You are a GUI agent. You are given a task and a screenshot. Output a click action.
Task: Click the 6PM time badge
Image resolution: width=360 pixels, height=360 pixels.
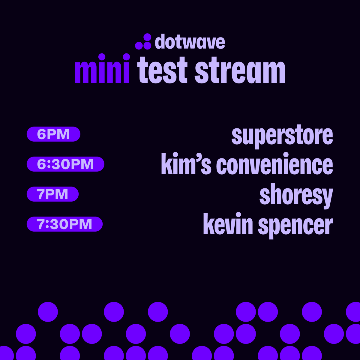click(53, 134)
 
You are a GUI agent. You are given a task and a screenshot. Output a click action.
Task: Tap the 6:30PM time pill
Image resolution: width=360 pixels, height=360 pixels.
click(65, 164)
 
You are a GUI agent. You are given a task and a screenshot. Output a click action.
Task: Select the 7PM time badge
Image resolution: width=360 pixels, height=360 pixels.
click(52, 194)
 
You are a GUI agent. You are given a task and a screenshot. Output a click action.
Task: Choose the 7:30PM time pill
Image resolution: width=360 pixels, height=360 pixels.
click(64, 224)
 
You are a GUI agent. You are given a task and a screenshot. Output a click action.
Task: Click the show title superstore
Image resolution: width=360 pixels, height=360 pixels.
click(282, 136)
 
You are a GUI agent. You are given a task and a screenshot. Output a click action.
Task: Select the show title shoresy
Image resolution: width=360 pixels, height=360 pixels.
click(296, 196)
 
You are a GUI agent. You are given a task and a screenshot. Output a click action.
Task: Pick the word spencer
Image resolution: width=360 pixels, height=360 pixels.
click(295, 226)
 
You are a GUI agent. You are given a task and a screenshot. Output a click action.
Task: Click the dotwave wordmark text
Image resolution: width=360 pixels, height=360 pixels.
click(190, 42)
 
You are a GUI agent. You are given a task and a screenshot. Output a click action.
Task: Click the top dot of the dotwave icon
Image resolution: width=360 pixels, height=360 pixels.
click(147, 37)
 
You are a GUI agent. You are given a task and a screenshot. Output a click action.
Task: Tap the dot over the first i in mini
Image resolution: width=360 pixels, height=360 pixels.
click(102, 57)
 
